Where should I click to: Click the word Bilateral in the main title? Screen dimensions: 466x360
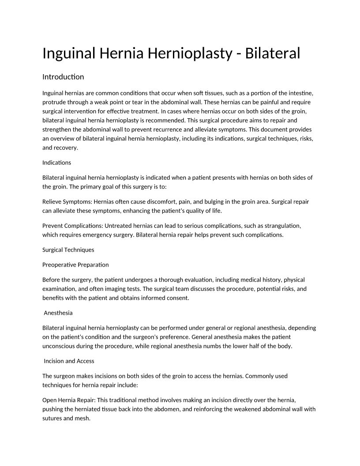click(x=272, y=53)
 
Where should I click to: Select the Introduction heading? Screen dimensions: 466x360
click(x=63, y=77)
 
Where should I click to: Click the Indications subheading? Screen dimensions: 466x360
click(x=56, y=162)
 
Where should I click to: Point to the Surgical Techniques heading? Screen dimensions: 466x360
click(x=68, y=250)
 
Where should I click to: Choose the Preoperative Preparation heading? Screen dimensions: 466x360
click(x=75, y=265)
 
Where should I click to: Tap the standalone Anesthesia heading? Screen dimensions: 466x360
click(x=58, y=313)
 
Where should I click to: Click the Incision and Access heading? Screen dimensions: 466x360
click(x=69, y=361)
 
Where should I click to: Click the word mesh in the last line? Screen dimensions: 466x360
click(x=82, y=418)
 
